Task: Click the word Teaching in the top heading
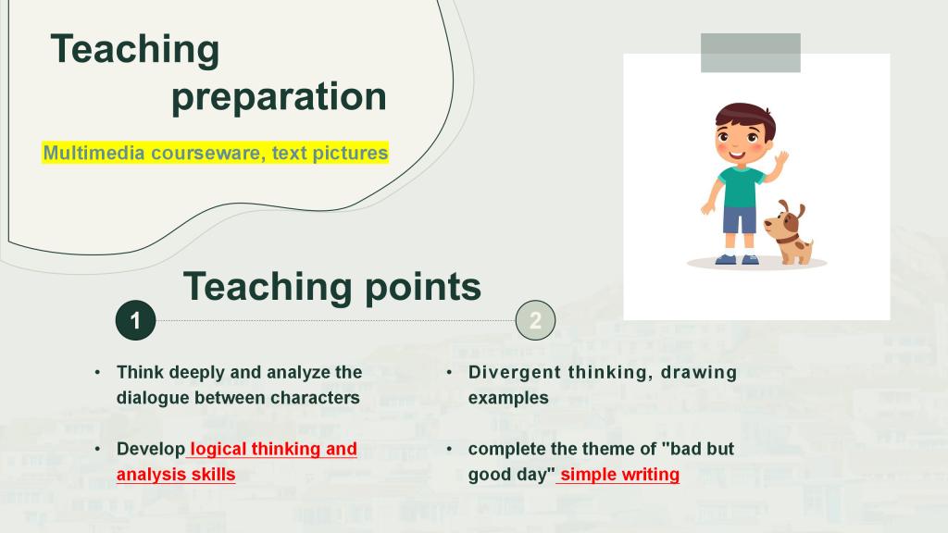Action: tap(135, 51)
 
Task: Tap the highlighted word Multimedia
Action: tap(94, 153)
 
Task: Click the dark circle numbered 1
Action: tap(135, 320)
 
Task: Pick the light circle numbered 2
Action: tap(536, 320)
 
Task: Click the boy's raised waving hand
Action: tap(781, 158)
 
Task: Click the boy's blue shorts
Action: tap(740, 220)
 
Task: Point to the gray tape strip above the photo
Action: tap(750, 53)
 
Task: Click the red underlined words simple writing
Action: tap(619, 475)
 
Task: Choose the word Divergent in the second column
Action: tap(515, 372)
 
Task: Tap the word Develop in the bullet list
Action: tap(151, 449)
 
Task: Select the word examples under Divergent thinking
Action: tap(508, 398)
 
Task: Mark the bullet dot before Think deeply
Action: tap(97, 372)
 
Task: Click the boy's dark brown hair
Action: tap(745, 115)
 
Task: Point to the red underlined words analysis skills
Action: tap(176, 475)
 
